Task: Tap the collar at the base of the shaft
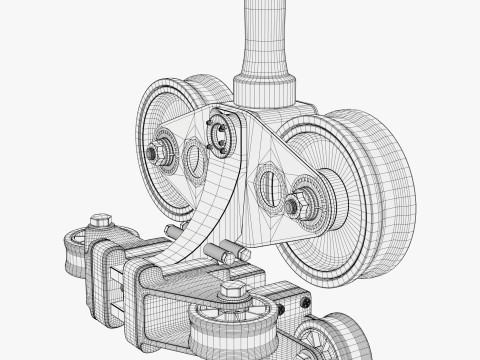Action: click(264, 88)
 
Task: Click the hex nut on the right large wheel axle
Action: click(293, 207)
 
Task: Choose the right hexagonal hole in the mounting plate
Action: click(268, 186)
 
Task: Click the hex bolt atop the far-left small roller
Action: click(100, 220)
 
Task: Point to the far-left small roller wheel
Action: click(73, 256)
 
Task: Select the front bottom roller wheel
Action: click(232, 330)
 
